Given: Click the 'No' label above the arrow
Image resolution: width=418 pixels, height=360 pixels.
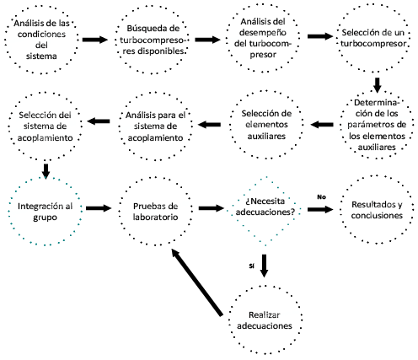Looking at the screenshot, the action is (321, 197).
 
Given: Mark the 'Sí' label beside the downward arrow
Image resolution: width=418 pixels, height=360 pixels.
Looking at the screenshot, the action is (251, 266).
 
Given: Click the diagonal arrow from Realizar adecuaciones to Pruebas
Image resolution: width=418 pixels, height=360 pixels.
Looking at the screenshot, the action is (197, 282).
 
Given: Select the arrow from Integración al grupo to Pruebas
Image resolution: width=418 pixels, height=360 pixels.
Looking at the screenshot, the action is (99, 208).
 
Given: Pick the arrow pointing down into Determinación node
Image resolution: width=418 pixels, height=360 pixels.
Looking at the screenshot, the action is (377, 85).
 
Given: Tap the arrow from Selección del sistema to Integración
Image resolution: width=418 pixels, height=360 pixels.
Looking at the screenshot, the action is (46, 171).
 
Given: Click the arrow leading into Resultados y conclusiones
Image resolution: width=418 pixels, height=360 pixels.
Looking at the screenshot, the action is (320, 209).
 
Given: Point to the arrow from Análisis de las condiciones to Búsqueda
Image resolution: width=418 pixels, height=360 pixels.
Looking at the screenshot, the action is (95, 40).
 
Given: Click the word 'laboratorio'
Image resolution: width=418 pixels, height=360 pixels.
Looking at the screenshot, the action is (155, 218).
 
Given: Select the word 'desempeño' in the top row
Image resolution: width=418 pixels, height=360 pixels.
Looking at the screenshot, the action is (263, 32).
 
